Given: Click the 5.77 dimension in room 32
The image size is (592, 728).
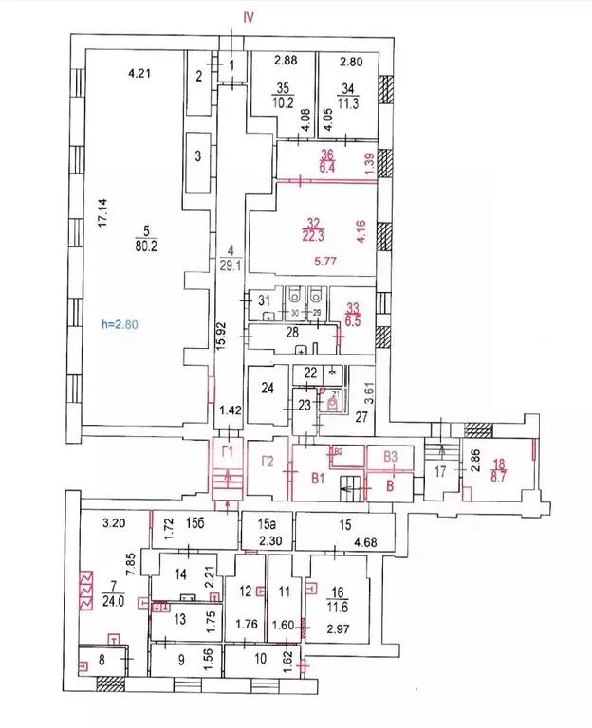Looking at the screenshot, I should coord(309,258).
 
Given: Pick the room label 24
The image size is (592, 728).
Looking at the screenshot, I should coord(268,387).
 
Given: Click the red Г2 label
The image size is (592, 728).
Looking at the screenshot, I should coord(268,463).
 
